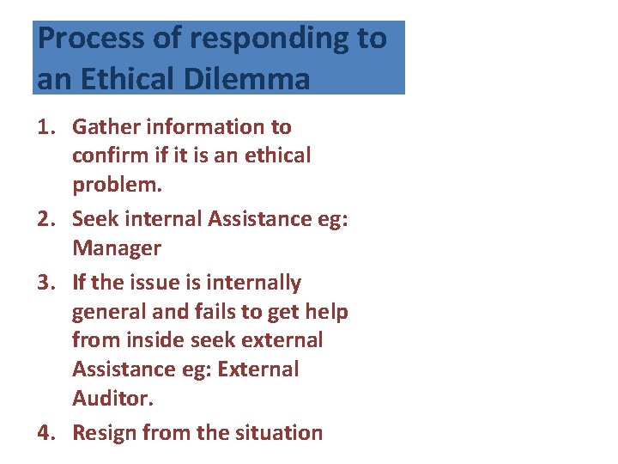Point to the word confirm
point(108,156)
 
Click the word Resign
point(106,432)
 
